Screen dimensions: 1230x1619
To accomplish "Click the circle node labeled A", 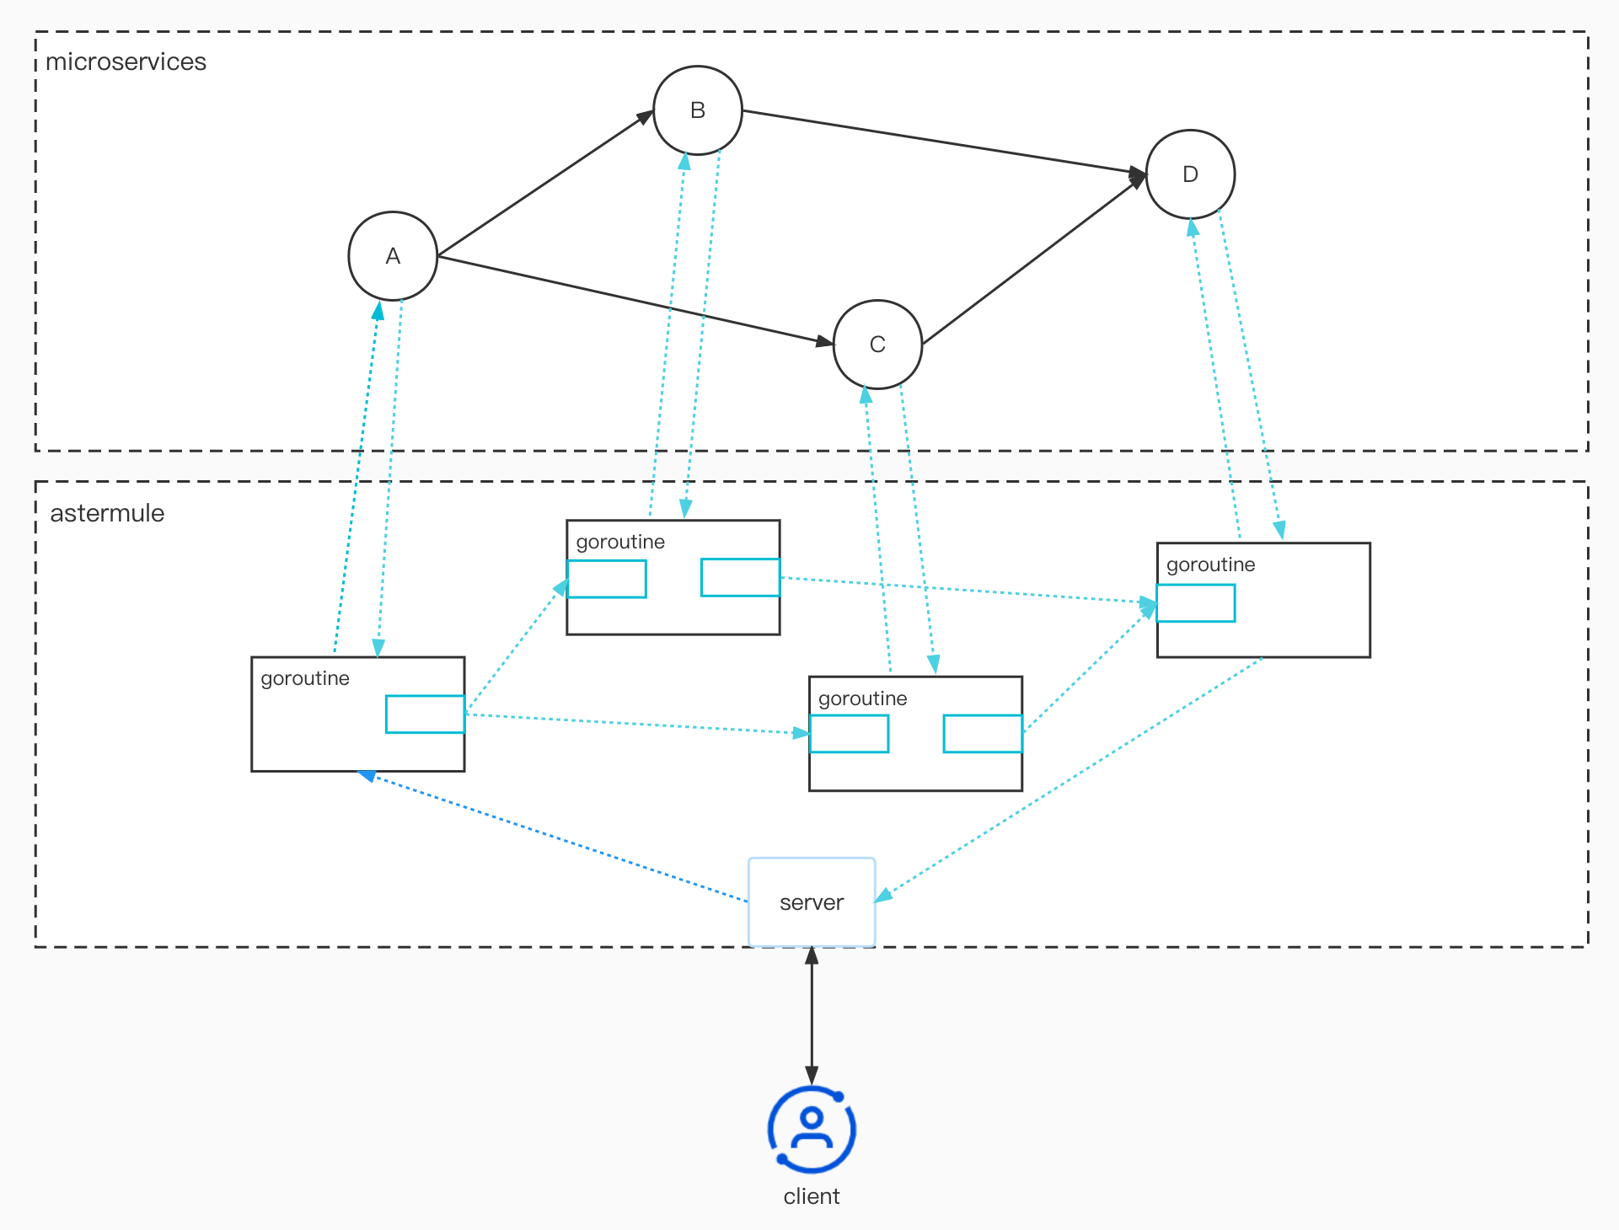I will (393, 256).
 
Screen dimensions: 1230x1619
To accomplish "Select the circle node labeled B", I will (698, 110).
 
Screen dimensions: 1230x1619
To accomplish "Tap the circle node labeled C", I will (877, 344).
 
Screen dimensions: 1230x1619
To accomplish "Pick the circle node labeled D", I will (1190, 174).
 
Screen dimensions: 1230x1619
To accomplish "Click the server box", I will (812, 902).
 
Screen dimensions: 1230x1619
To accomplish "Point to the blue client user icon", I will (812, 1130).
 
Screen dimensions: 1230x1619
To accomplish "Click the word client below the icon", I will (812, 1196).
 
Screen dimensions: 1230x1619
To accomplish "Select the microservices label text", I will (126, 61).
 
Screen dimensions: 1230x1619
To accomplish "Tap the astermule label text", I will (107, 513).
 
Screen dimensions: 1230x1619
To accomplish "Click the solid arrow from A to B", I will (544, 184).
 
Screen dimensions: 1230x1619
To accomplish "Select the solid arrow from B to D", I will (944, 142).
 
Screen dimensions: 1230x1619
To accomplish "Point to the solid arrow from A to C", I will (632, 300).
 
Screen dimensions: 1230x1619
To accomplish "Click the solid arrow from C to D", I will (1032, 261).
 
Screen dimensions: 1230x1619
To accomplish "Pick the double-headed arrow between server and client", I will (812, 1015).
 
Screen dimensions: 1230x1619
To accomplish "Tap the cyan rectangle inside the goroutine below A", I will (425, 714).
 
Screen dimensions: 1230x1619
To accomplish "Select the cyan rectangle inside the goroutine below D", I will (1195, 603).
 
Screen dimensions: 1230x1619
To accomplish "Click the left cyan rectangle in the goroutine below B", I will (607, 580).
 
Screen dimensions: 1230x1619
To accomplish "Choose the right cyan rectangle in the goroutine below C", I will (983, 734).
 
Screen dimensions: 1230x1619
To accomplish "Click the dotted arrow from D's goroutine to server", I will (1070, 779).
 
